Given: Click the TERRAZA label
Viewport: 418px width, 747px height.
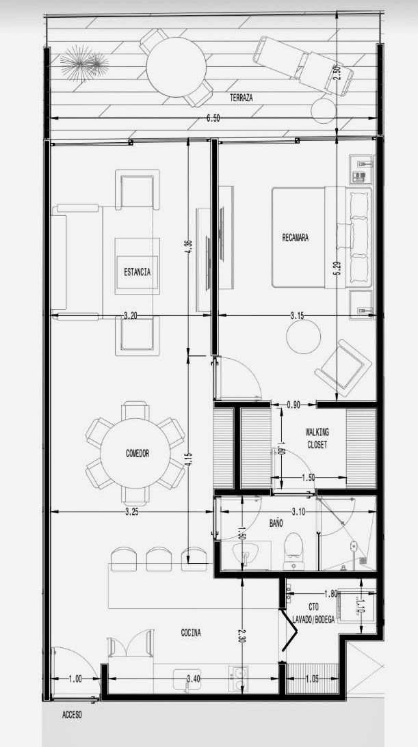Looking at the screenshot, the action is pyautogui.click(x=241, y=98).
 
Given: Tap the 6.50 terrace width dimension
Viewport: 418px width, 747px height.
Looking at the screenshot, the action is pyautogui.click(x=213, y=119).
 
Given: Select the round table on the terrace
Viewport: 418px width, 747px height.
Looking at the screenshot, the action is pyautogui.click(x=176, y=67).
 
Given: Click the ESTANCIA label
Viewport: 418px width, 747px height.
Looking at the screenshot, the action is pyautogui.click(x=138, y=273).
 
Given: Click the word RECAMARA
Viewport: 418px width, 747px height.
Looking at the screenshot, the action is pyautogui.click(x=295, y=237).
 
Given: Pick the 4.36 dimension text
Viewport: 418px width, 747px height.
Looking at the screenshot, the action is pyautogui.click(x=188, y=249).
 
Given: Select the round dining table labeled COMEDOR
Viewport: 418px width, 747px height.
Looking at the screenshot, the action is pyautogui.click(x=135, y=453).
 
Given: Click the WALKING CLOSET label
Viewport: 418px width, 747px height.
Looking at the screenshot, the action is pyautogui.click(x=317, y=438).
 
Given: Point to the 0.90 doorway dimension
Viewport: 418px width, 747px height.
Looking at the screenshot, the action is pyautogui.click(x=293, y=405).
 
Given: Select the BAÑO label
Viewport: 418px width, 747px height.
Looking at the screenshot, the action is pyautogui.click(x=276, y=523).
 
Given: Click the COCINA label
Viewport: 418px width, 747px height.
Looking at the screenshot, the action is pyautogui.click(x=191, y=633).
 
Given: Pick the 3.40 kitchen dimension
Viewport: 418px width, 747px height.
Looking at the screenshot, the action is pyautogui.click(x=194, y=679).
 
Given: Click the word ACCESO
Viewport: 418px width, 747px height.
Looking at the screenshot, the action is pyautogui.click(x=72, y=715).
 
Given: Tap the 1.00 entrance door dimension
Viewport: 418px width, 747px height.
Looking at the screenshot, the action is pyautogui.click(x=75, y=679).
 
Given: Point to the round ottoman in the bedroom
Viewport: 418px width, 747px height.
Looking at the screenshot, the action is pyautogui.click(x=304, y=336).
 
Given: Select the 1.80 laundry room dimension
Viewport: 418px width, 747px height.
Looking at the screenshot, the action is pyautogui.click(x=331, y=594).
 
